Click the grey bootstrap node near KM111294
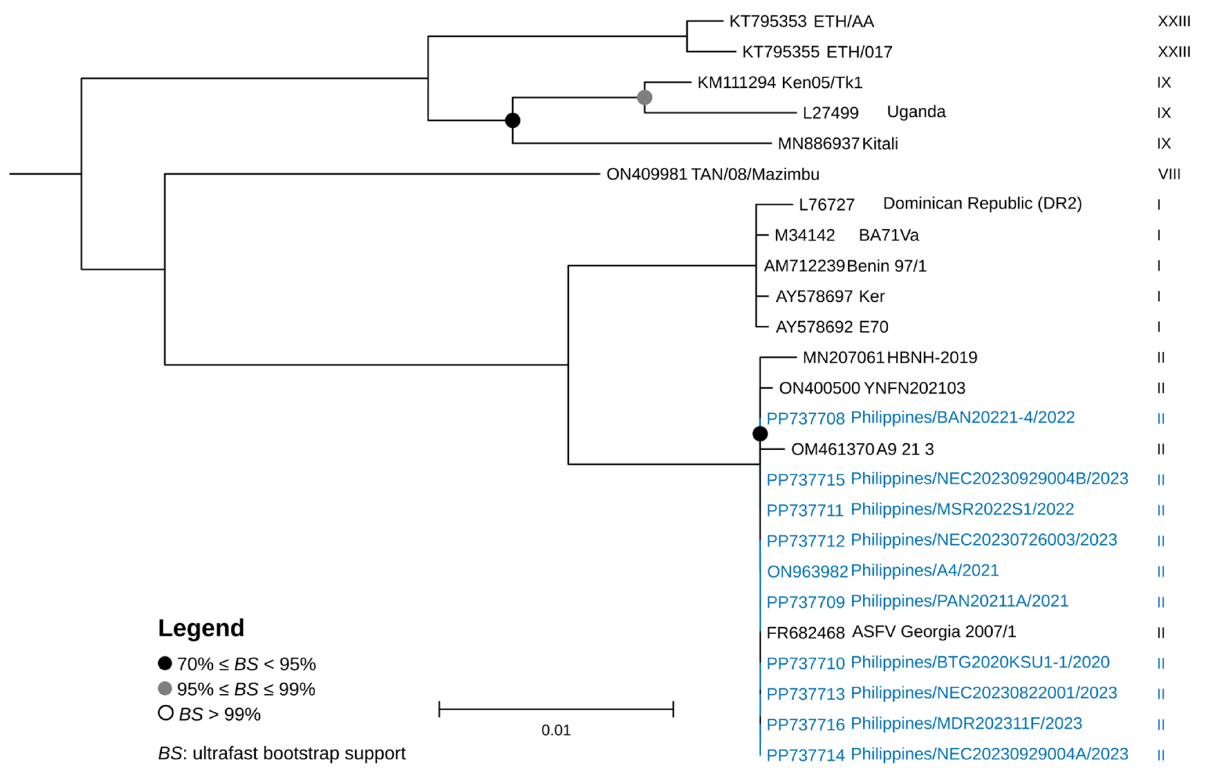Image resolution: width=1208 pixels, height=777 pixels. [644, 97]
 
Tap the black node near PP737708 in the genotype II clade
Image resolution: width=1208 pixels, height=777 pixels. [760, 433]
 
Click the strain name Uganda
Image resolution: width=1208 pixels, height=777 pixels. [916, 112]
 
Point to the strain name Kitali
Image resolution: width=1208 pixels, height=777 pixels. [880, 144]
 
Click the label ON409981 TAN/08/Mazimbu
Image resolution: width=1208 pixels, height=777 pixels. [712, 175]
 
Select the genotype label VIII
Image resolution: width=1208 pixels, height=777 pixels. [1169, 175]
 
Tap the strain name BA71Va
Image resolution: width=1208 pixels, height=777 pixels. [888, 235]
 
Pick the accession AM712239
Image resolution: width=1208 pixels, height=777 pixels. [804, 266]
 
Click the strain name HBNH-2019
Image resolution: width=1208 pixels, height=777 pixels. [932, 358]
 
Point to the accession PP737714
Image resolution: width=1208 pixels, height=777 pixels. [805, 755]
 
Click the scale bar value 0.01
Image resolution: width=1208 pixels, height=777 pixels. [556, 730]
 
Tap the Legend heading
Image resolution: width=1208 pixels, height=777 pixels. [201, 628]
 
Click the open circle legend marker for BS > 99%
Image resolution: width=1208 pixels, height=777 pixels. [166, 713]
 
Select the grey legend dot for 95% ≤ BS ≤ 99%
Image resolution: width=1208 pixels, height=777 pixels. [165, 688]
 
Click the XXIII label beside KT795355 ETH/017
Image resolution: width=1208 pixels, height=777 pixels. [1174, 52]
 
